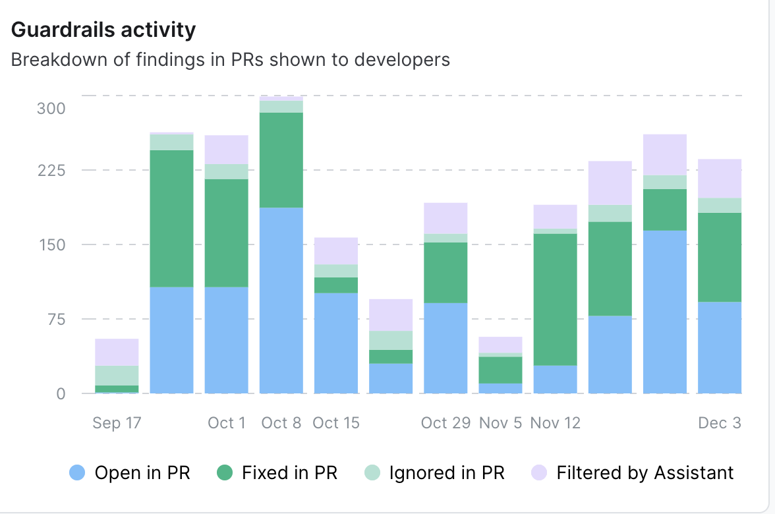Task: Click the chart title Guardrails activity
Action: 103,30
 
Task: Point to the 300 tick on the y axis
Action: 51,108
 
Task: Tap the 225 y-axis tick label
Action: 51,170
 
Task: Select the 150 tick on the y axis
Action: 51,244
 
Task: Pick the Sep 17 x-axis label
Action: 117,422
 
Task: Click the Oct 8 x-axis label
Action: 281,422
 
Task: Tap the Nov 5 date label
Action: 500,422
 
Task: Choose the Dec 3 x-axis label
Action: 720,422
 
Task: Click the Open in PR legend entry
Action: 130,472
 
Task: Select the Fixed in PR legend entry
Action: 277,472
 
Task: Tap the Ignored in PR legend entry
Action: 434,472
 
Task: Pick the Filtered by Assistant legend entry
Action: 632,472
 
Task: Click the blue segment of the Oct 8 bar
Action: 281,300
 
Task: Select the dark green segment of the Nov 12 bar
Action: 555,300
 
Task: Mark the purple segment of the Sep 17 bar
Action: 117,352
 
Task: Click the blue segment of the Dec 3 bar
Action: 720,347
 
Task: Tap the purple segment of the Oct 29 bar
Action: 445,218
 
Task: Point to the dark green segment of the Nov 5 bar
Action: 500,370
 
